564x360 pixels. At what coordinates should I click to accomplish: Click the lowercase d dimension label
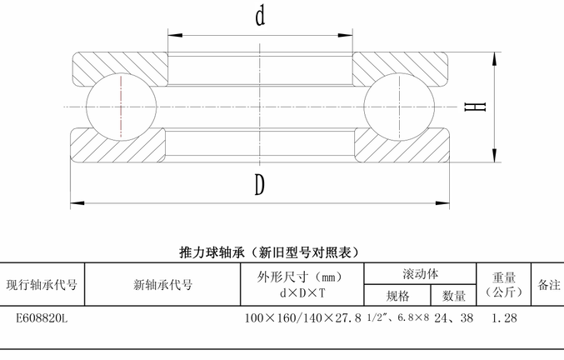click(x=261, y=16)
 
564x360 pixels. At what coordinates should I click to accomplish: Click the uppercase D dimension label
click(x=260, y=185)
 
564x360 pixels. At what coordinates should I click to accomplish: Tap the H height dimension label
click(x=475, y=107)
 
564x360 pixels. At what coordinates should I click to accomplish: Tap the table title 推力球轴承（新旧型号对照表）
click(x=269, y=252)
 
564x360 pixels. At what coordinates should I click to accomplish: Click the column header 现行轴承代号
click(x=42, y=285)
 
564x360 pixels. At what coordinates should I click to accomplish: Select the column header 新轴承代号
click(x=163, y=285)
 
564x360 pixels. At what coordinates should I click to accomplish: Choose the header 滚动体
click(x=420, y=274)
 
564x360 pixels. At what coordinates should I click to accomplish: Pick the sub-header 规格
click(x=397, y=296)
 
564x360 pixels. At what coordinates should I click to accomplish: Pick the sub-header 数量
click(x=453, y=296)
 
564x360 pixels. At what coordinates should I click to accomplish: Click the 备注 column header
click(x=549, y=285)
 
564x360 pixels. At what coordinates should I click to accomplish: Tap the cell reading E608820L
click(x=42, y=318)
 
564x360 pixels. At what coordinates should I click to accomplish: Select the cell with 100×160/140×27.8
click(x=303, y=318)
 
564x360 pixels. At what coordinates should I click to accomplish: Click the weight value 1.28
click(x=504, y=318)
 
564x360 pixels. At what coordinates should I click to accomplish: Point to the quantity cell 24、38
click(x=453, y=318)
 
